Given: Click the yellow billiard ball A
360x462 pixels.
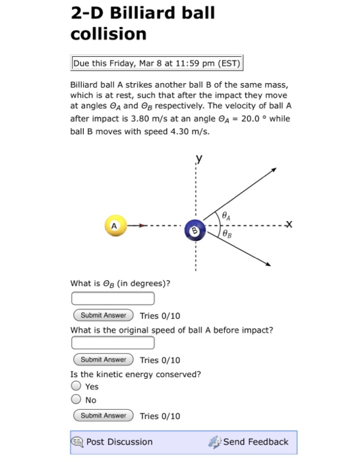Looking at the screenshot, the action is (115, 225).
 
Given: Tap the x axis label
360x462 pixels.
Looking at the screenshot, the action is (289, 224).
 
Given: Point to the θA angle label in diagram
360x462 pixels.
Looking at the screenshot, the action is (226, 214).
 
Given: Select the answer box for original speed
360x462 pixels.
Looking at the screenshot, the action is (113, 343).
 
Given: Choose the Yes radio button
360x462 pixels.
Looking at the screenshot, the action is (76, 387).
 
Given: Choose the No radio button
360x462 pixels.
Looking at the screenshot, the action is (76, 399).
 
